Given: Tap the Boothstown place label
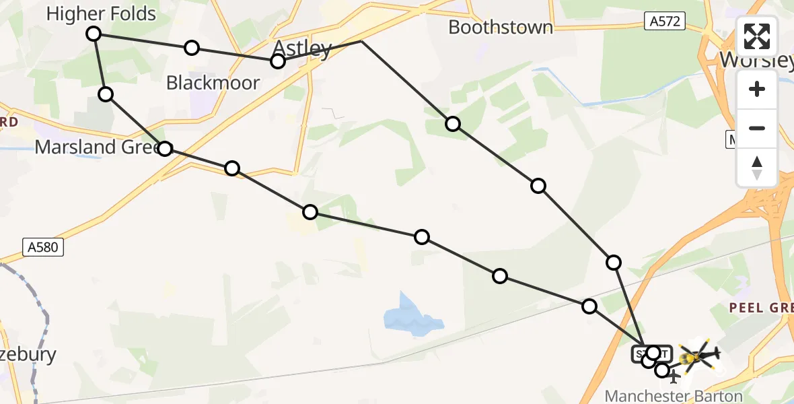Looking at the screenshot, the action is [x=501, y=27].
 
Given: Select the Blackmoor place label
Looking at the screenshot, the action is [x=213, y=83].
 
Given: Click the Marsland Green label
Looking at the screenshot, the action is [x=94, y=147].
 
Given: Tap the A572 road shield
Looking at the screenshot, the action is [x=664, y=22].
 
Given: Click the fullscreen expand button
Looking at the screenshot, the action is [x=757, y=36].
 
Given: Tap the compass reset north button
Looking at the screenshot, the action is [x=757, y=167].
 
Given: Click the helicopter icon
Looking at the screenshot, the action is [x=699, y=355].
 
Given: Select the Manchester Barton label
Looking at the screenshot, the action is [x=674, y=396].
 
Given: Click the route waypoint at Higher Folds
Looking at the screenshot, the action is [x=94, y=34].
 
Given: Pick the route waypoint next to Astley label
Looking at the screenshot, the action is [x=278, y=62].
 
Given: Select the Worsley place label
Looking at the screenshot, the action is [x=756, y=59].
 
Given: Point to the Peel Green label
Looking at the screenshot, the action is [x=761, y=308].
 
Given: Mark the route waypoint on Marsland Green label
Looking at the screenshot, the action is [x=165, y=148].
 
